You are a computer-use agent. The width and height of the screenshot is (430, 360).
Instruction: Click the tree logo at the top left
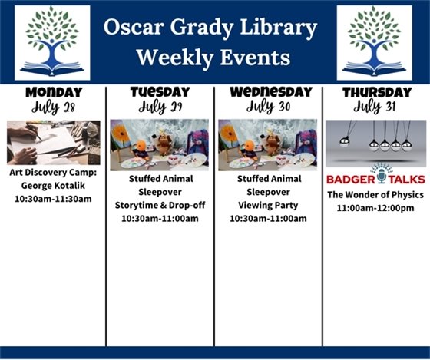[x=52, y=42]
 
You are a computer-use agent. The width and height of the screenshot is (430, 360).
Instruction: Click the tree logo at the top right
[x=374, y=42]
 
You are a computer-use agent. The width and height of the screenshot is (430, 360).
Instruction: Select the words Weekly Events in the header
[x=213, y=58]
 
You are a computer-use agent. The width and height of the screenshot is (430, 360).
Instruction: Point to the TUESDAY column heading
[x=160, y=92]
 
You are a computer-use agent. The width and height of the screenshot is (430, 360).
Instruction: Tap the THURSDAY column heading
[x=375, y=93]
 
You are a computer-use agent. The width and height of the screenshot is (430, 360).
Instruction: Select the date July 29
[x=160, y=107]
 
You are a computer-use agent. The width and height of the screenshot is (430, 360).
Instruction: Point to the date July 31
[x=375, y=107]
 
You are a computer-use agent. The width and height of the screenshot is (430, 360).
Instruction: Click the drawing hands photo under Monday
[x=53, y=143]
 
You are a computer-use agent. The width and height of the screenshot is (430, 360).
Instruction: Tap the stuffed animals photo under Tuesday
[x=160, y=144]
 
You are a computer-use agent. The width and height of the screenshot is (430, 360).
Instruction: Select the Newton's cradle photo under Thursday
[x=375, y=143]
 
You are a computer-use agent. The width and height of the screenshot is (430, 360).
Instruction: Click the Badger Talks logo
[x=375, y=178]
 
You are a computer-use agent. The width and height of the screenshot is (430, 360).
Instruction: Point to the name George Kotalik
[x=53, y=186]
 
